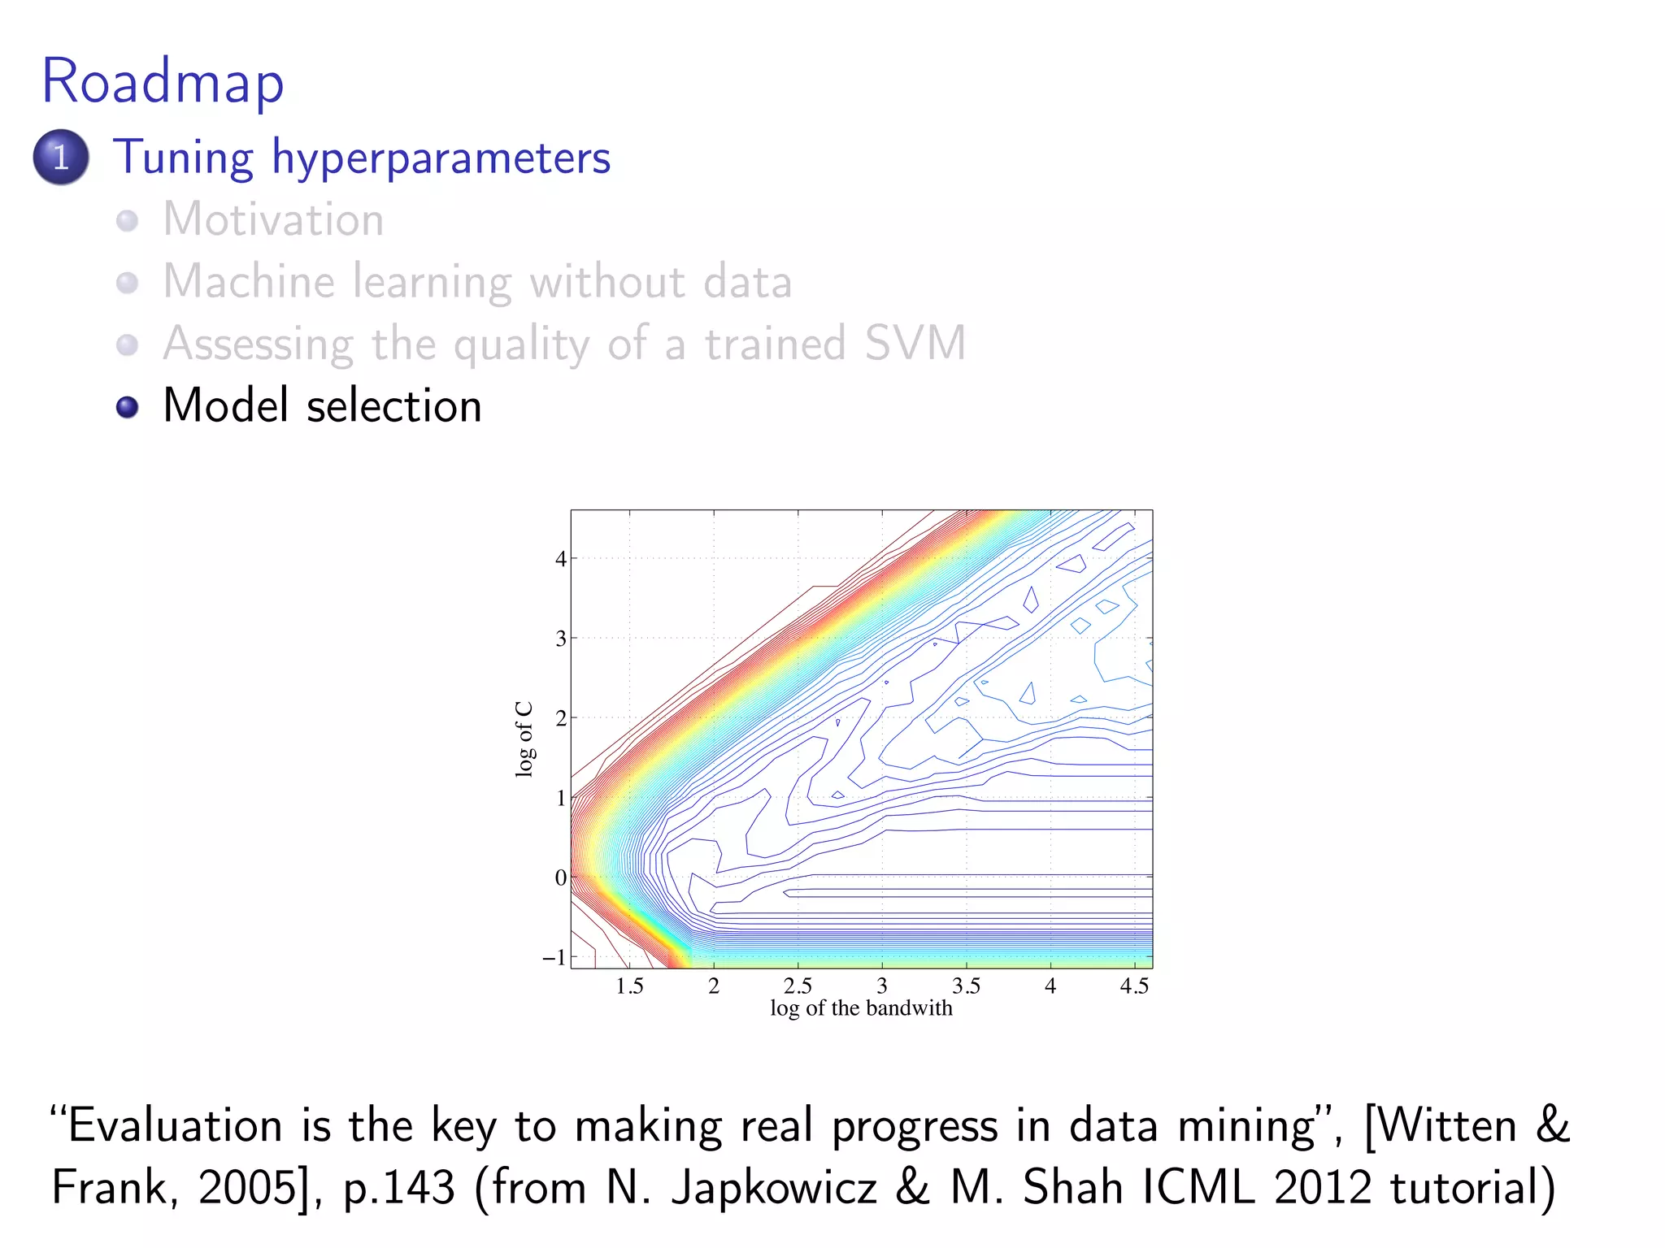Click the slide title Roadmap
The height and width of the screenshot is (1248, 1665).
click(x=163, y=83)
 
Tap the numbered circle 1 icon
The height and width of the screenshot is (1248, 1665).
click(x=61, y=157)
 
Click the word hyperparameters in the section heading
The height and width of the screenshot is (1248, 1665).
click(x=441, y=158)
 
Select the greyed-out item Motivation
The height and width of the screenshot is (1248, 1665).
click(x=273, y=219)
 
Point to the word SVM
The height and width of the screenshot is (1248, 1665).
click(x=915, y=343)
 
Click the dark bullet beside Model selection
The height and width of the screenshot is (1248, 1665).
click(x=127, y=406)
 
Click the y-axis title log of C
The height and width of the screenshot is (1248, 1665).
click(x=524, y=739)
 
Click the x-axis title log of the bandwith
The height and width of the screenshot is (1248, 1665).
click(x=861, y=1008)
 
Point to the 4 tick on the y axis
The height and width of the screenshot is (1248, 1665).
click(x=560, y=559)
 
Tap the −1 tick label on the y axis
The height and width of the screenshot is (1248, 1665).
click(x=554, y=957)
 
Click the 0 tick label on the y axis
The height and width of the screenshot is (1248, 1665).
click(x=560, y=877)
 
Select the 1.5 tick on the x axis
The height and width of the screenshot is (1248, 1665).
click(x=629, y=986)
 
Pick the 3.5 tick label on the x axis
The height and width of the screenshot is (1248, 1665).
click(x=966, y=986)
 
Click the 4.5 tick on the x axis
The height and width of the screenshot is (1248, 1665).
click(x=1134, y=986)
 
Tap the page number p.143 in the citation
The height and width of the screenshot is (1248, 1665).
click(x=398, y=1188)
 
